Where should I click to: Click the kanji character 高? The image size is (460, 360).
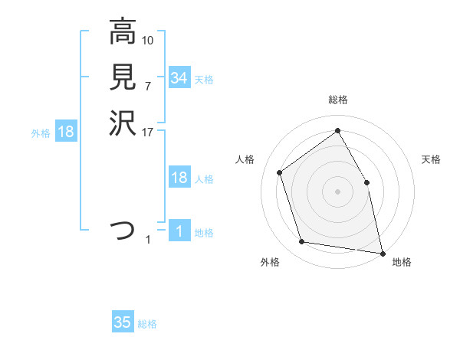pos(123,33)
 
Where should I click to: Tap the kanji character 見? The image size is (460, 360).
pos(123,77)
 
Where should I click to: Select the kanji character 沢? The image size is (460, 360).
pos(123,122)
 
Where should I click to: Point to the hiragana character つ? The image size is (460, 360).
pos(123,230)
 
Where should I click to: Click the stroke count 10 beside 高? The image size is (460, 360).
pos(148,40)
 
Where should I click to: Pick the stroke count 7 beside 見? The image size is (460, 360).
pos(148,85)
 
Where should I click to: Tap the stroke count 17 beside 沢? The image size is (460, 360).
pos(148,131)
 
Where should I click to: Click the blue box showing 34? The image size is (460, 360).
pos(179,78)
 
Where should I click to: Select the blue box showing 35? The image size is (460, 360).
pos(123,322)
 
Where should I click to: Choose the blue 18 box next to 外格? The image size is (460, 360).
pos(66,132)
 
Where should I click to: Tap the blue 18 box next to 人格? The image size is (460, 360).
pos(179,178)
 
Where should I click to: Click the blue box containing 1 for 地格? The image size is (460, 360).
pos(179,231)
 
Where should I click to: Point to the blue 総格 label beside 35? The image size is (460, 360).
pos(147,324)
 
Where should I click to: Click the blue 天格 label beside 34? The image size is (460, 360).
pos(204,79)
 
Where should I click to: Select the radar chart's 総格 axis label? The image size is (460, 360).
pos(337,100)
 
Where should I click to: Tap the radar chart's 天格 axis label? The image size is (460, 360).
pos(431,159)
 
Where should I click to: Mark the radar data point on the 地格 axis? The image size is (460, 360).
pos(382,252)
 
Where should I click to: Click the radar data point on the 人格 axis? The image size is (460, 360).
pos(280,172)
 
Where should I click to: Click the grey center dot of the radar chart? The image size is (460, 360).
pos(337,191)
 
